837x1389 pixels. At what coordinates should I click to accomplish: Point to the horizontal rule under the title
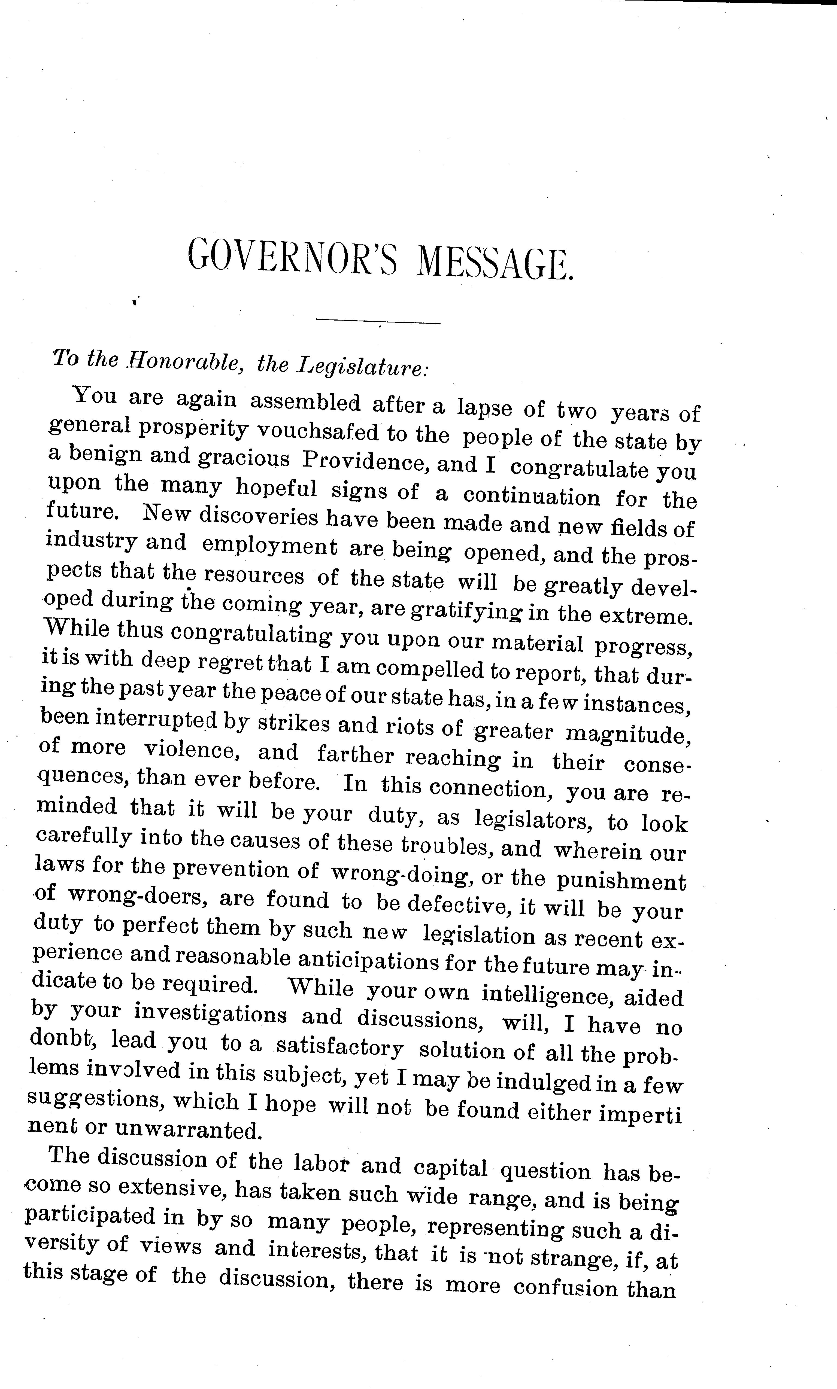[x=378, y=322]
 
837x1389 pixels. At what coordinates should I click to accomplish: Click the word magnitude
[x=628, y=733]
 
